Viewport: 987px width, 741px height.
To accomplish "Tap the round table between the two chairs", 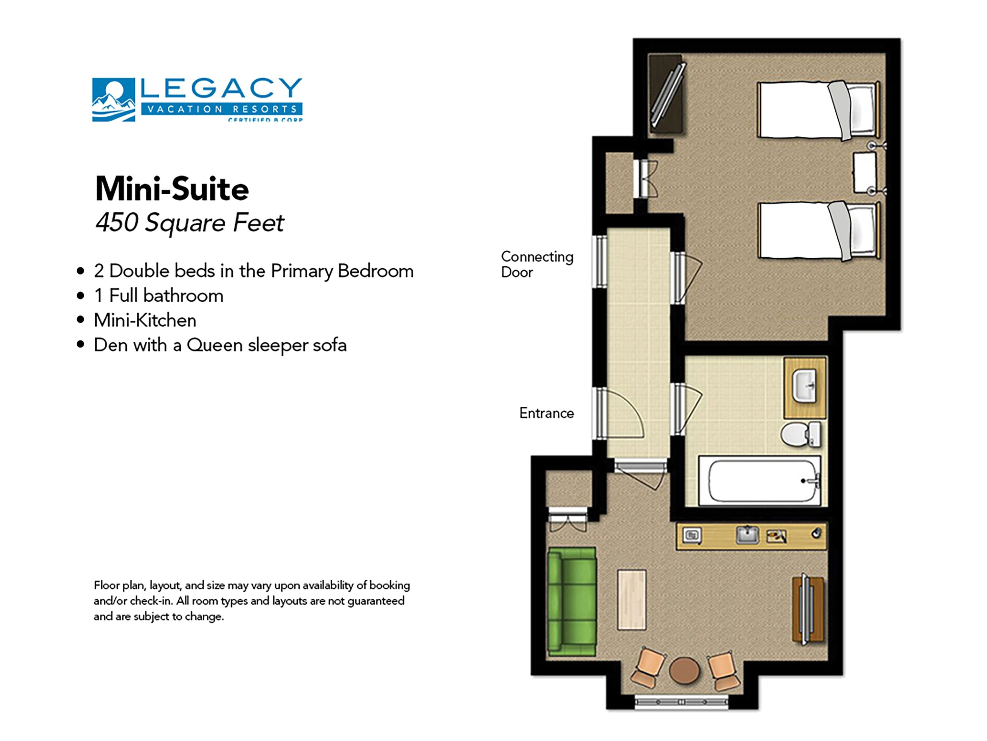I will coord(684,671).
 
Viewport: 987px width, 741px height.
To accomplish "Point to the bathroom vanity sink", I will coord(804,386).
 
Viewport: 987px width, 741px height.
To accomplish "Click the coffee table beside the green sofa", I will coord(631,599).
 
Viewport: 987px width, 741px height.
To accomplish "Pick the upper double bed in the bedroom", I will coord(818,109).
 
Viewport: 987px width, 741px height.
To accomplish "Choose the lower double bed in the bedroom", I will coord(818,231).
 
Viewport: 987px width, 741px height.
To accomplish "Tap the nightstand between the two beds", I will coord(864,173).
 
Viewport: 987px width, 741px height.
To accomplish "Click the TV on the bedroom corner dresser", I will coord(667,94).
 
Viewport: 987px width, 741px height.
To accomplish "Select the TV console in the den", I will coord(808,609).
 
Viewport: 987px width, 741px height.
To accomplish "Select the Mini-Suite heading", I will coord(172,189).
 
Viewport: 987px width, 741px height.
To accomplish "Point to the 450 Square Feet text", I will coord(190,222).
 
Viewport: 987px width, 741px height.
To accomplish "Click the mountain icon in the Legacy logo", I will coord(113,100).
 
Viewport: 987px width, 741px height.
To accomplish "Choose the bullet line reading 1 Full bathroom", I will coord(158,296).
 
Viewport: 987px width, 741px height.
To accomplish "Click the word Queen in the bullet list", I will coord(214,345).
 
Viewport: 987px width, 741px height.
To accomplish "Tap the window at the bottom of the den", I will coord(681,702).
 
